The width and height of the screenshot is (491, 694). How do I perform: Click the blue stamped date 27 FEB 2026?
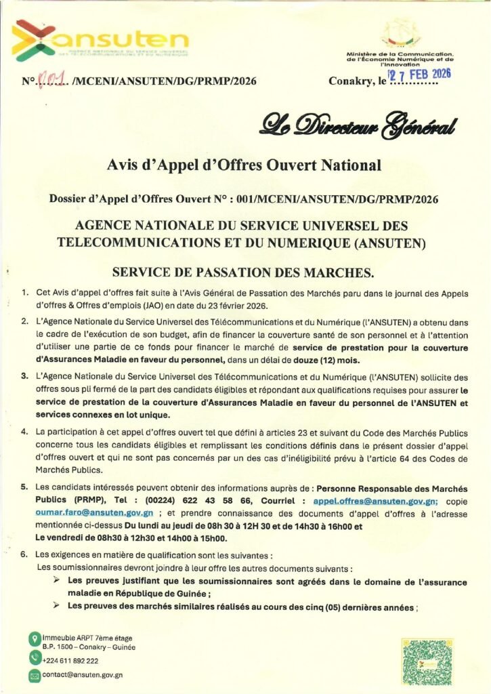pyautogui.click(x=418, y=75)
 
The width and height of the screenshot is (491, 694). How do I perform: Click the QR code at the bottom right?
pyautogui.click(x=425, y=661)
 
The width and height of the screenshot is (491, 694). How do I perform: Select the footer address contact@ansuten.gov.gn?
pyautogui.click(x=82, y=675)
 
